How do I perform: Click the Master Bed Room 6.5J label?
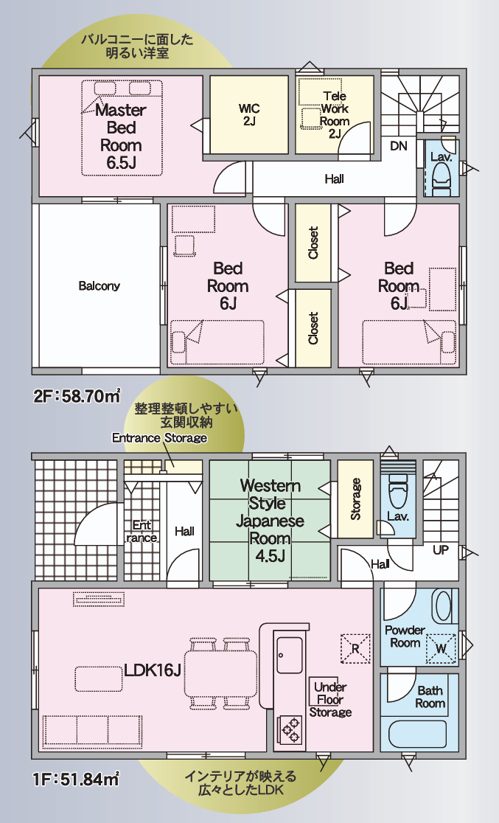(x=121, y=136)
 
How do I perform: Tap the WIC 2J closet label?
(x=248, y=115)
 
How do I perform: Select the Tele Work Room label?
(x=335, y=114)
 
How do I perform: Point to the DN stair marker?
(x=399, y=146)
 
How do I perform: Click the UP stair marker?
(x=441, y=550)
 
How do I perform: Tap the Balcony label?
(x=100, y=286)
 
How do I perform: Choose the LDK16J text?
(x=153, y=670)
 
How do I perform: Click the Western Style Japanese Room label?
(x=270, y=521)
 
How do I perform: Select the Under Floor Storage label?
(x=330, y=700)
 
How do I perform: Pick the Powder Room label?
(x=405, y=636)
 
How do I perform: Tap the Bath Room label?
(x=430, y=697)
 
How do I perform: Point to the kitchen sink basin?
(x=290, y=655)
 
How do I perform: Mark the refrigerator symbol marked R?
(x=355, y=648)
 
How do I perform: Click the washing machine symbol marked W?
(x=441, y=648)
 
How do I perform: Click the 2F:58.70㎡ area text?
(x=77, y=396)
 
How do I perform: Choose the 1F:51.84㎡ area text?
(x=77, y=779)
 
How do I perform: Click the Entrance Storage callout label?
(x=159, y=438)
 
